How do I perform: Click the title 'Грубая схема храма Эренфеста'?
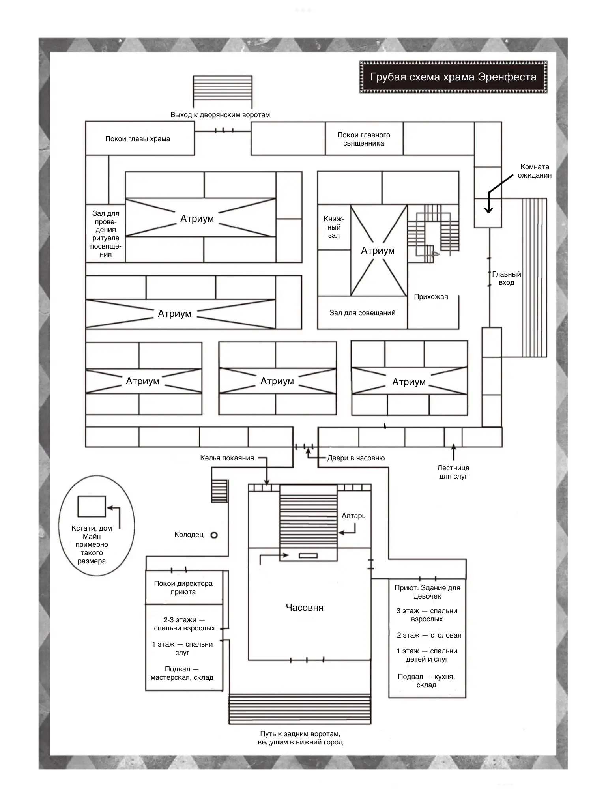(x=453, y=77)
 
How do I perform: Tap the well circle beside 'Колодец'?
(x=214, y=535)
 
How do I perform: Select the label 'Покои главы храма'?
(x=138, y=139)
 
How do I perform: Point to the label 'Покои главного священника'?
(x=364, y=139)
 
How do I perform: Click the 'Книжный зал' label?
(x=334, y=227)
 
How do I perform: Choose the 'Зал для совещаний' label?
(x=362, y=313)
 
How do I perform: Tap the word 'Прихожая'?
(x=431, y=297)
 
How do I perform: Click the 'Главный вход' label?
(x=507, y=278)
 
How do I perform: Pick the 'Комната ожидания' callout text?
(x=535, y=171)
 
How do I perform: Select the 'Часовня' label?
(x=305, y=607)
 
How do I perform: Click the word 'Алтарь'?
(x=353, y=516)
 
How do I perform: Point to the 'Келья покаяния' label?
(x=227, y=458)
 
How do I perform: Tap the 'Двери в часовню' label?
(x=356, y=458)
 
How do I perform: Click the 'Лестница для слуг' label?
(x=453, y=472)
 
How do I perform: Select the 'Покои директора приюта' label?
(x=183, y=587)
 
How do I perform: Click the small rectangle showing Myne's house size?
(x=92, y=506)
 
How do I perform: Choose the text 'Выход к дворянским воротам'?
(x=220, y=115)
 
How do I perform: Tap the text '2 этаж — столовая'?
(x=429, y=635)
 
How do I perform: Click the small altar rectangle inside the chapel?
(x=308, y=556)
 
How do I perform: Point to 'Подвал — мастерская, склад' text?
(x=182, y=673)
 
